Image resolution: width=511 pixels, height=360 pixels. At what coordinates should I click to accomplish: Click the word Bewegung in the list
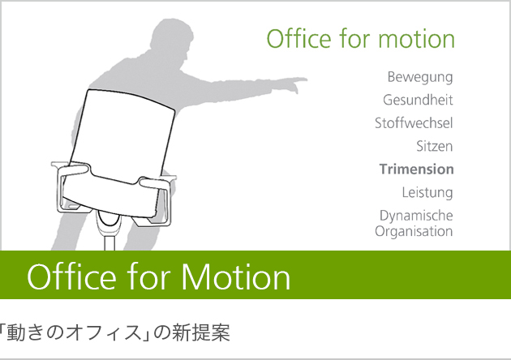coord(420,78)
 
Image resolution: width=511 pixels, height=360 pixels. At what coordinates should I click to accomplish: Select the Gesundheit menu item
coord(418,100)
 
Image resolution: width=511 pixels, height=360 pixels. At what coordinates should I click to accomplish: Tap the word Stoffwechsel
coord(414,122)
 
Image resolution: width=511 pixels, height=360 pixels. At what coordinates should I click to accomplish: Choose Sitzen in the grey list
coord(435,146)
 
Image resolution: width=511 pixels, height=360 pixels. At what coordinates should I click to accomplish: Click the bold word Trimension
coord(416,169)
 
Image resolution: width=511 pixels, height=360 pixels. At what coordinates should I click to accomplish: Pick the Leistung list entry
coord(427,193)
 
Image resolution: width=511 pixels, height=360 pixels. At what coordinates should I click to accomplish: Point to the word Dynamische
coord(416,216)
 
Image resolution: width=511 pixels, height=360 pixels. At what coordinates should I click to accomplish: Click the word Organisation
coord(414,232)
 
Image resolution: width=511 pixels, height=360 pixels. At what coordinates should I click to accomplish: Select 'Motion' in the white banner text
coord(235,277)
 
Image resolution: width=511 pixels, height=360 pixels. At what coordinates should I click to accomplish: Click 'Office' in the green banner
coord(71,276)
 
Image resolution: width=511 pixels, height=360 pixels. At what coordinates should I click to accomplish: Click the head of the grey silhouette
coord(172,38)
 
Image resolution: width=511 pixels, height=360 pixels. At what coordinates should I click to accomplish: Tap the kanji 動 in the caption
coord(16,332)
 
